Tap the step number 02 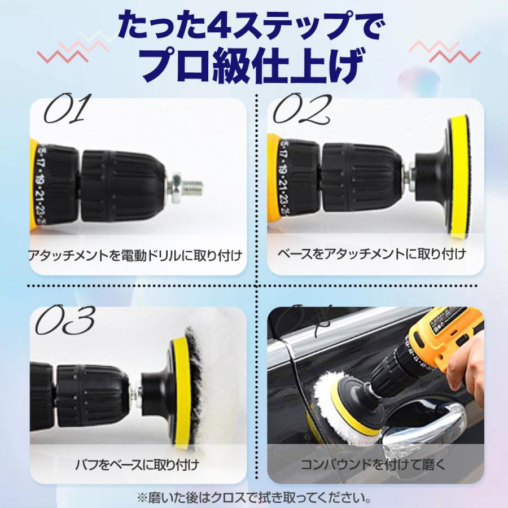click(x=301, y=110)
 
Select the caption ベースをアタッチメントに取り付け click(x=372, y=254)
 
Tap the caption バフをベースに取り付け click(x=137, y=466)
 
